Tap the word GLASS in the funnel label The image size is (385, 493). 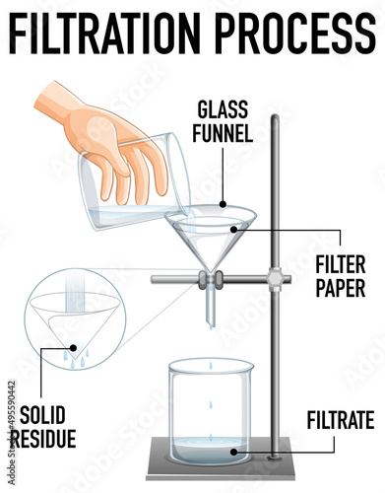click(223, 109)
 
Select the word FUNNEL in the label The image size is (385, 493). click(223, 132)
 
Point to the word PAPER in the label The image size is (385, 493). click(341, 288)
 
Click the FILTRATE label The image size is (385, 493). click(341, 420)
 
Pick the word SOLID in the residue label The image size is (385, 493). click(42, 415)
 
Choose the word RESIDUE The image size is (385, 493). click(43, 438)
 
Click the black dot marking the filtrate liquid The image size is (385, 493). click(233, 452)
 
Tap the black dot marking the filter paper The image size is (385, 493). click(233, 230)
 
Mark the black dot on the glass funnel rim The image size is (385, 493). click(224, 204)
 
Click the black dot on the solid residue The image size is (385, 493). click(74, 347)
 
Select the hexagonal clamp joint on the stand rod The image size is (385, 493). click(275, 279)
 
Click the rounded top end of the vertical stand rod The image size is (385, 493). click(275, 117)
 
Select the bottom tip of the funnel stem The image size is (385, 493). click(210, 323)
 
